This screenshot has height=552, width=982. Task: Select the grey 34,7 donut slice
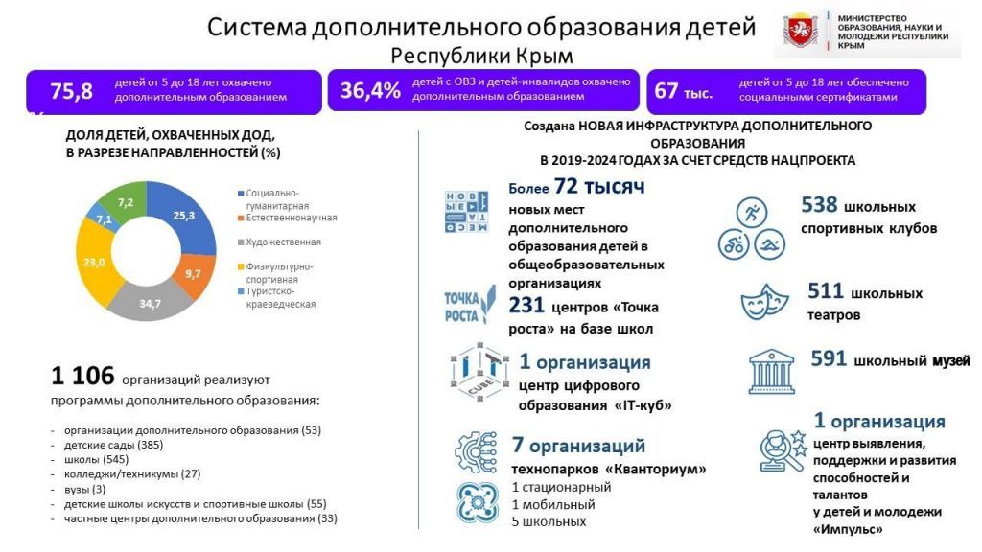pyautogui.click(x=150, y=302)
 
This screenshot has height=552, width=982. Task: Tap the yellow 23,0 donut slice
pyautogui.click(x=95, y=263)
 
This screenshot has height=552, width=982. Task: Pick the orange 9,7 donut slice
pyautogui.click(x=194, y=274)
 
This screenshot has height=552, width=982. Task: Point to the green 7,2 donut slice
pyautogui.click(x=126, y=200)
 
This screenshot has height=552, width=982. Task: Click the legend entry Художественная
pyautogui.click(x=279, y=242)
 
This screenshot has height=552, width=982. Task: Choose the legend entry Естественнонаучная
pyautogui.click(x=288, y=218)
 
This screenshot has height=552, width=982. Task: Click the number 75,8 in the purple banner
pyautogui.click(x=71, y=91)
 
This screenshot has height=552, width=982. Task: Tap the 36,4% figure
pyautogui.click(x=370, y=91)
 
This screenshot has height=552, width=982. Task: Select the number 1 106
pyautogui.click(x=82, y=376)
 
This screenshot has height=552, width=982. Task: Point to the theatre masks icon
pyautogui.click(x=764, y=302)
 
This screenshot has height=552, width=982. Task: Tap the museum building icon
pyautogui.click(x=772, y=372)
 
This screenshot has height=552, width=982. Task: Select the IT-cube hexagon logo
pyautogui.click(x=479, y=372)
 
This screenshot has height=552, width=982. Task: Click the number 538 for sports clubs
pyautogui.click(x=819, y=205)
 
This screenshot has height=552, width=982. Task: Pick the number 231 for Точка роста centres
pyautogui.click(x=526, y=305)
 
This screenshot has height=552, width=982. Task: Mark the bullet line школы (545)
pyautogui.click(x=96, y=459)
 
